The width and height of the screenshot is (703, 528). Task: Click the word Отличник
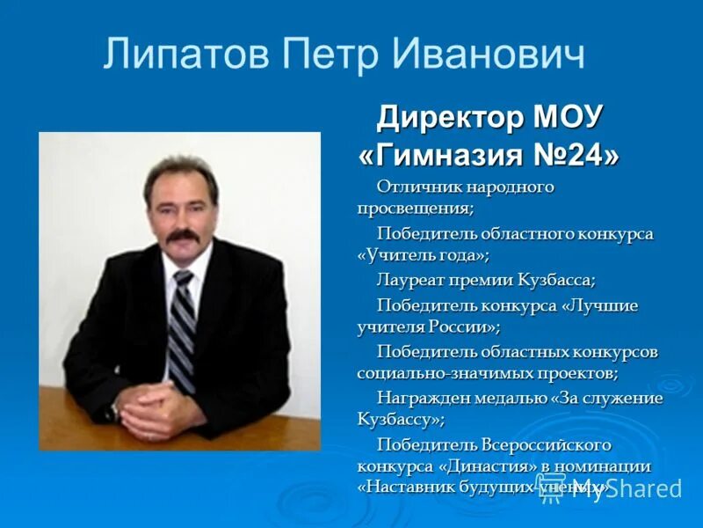418,187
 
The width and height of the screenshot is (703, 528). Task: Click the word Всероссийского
546,444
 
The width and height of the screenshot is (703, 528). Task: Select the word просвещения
414,209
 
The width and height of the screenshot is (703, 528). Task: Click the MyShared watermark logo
620,488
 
